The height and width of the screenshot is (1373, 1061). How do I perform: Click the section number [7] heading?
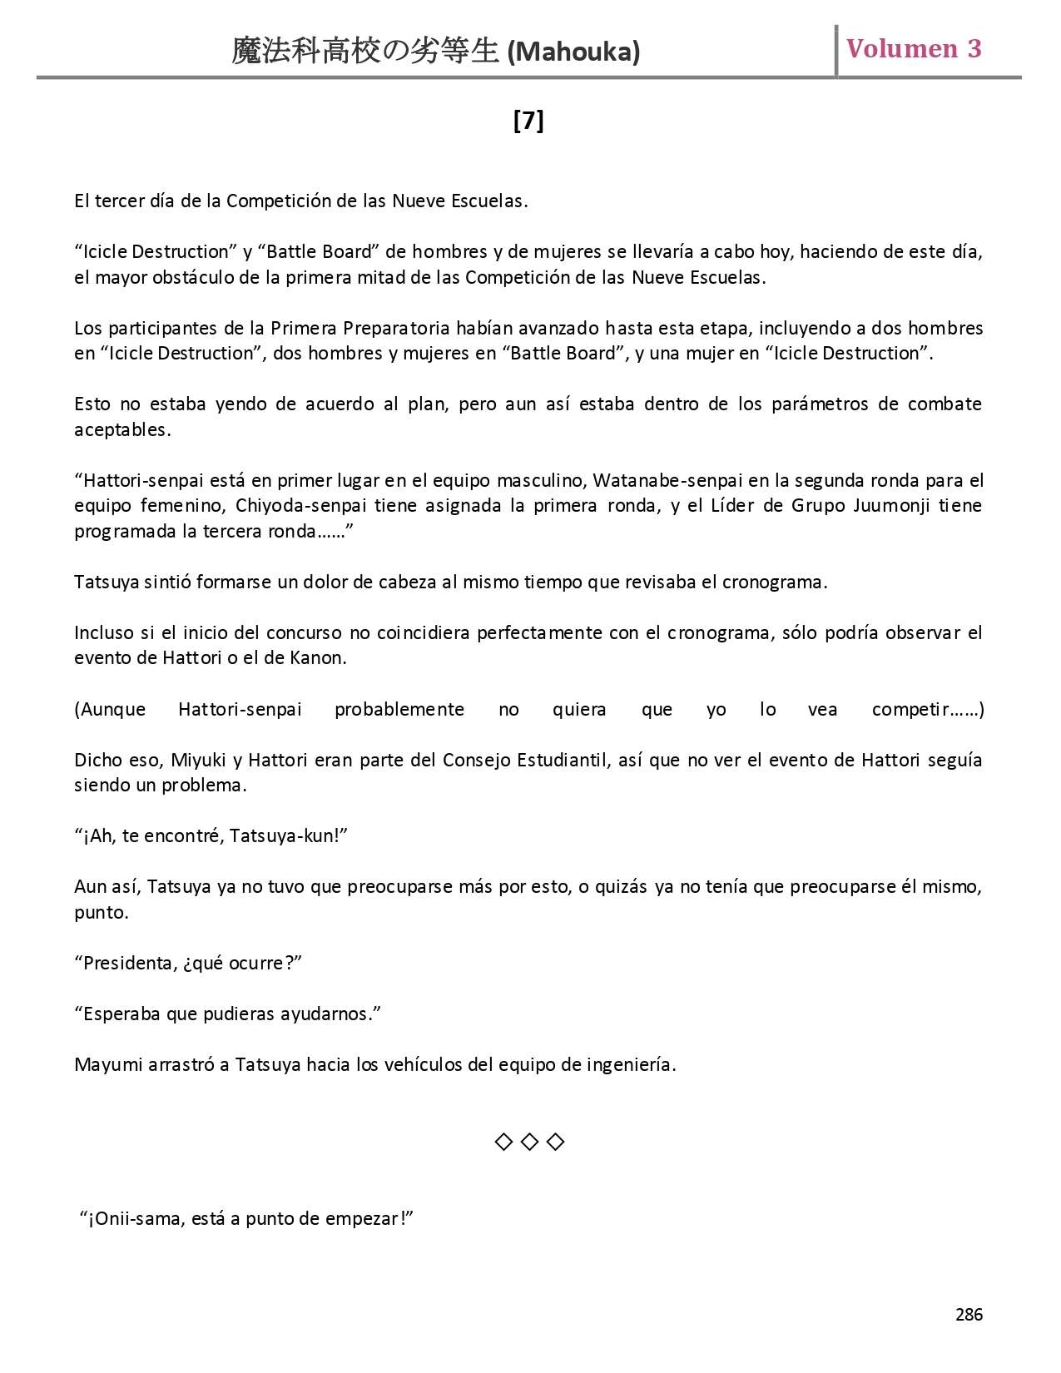coord(528,121)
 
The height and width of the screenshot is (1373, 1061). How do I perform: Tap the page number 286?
coord(969,1315)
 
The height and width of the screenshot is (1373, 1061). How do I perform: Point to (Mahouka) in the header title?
coord(573,52)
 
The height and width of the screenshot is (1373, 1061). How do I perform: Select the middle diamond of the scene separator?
coord(529,1142)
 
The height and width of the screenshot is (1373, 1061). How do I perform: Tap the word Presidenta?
coord(125,963)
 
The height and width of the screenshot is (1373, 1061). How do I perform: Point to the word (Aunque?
coord(110,710)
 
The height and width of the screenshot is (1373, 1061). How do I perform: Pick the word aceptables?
coord(122,430)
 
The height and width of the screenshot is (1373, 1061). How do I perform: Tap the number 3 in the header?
coord(974,49)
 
